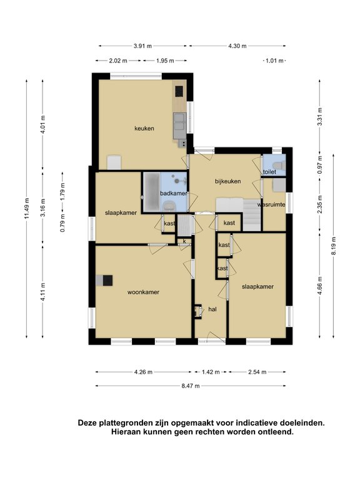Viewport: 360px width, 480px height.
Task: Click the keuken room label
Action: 144,129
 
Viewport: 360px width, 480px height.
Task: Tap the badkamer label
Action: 174,193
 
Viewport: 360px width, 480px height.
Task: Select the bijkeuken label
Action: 227,181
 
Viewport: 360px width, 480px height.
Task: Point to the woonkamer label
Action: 143,292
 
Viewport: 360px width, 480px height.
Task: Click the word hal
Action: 212,309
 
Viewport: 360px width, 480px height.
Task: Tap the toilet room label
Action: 269,172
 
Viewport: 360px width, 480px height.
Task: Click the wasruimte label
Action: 271,204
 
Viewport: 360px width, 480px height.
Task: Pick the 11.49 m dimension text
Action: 27,209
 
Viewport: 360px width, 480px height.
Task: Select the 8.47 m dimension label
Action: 191,386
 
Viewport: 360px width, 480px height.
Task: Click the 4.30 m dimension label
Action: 237,46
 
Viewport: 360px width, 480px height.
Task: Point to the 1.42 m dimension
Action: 211,372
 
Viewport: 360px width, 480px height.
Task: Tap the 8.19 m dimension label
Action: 333,246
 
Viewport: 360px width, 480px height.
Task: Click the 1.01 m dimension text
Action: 274,61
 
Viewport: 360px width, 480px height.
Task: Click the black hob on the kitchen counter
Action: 179,91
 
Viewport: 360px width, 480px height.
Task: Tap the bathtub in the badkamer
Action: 152,192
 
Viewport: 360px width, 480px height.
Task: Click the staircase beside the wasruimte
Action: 252,214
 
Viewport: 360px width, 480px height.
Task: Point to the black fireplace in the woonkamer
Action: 107,281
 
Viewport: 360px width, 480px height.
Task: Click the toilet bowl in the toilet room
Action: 279,165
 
